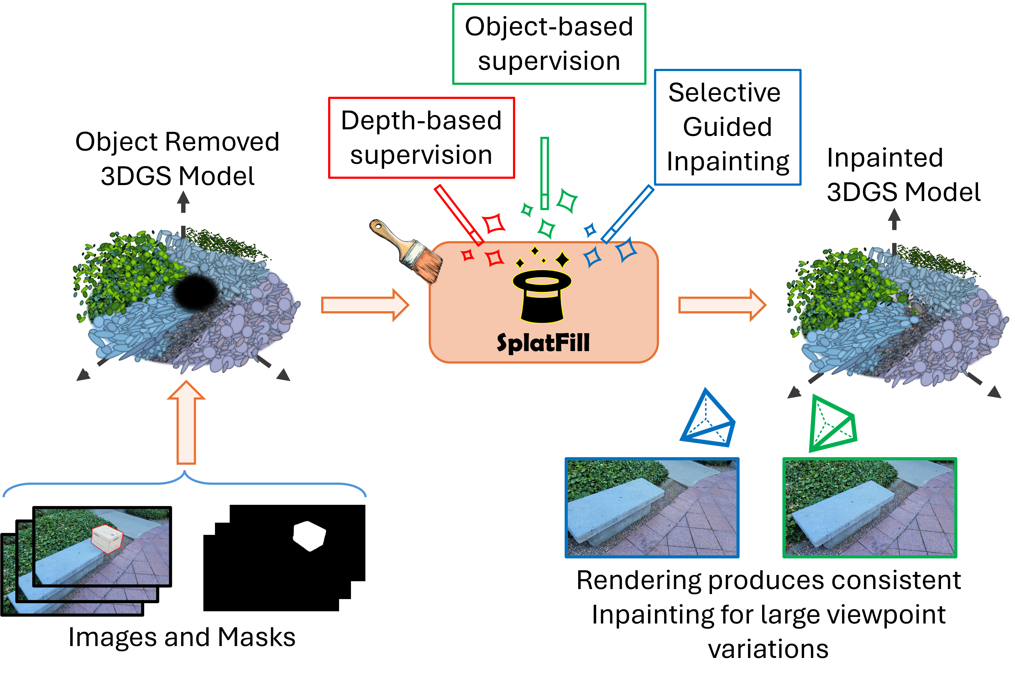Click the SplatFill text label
point(543,343)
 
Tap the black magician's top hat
point(542,297)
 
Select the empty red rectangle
point(421,138)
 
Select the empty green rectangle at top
point(549,44)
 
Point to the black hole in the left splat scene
point(195,292)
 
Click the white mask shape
point(309,536)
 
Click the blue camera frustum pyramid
point(708,420)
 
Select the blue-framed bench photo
point(652,507)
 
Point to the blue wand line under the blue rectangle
point(628,214)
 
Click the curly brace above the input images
point(185,483)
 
